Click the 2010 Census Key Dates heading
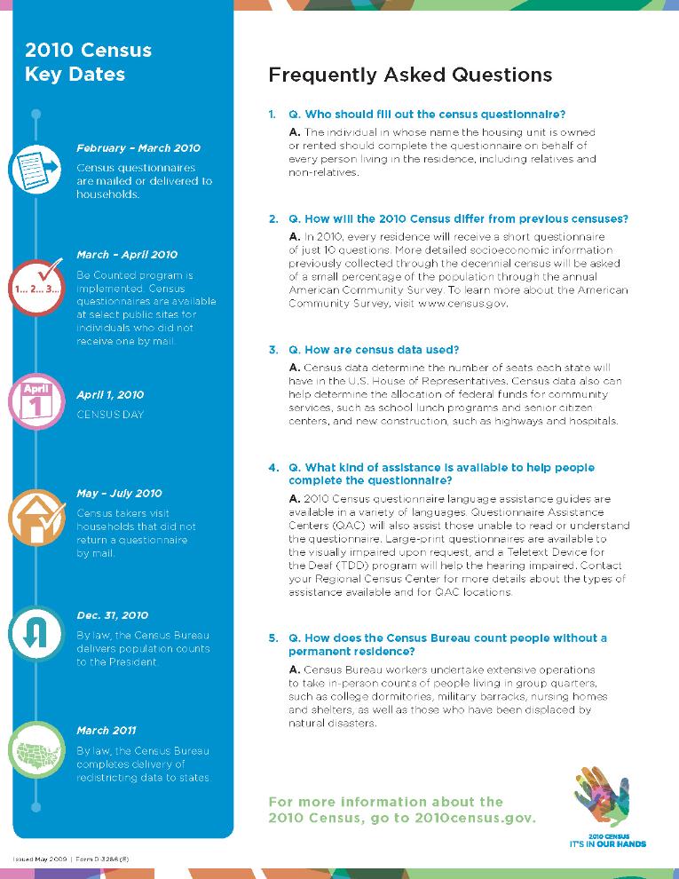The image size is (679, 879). point(88,61)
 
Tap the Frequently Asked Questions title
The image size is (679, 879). point(410,75)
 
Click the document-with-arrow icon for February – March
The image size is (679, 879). point(35,169)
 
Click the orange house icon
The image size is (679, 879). point(35,518)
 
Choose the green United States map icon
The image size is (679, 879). point(35,749)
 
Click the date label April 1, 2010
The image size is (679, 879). point(110,395)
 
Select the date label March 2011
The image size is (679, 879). point(107,731)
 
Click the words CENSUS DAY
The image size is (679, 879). point(110,415)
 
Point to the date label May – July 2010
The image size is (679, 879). point(120,494)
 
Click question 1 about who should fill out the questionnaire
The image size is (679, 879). point(427,115)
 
